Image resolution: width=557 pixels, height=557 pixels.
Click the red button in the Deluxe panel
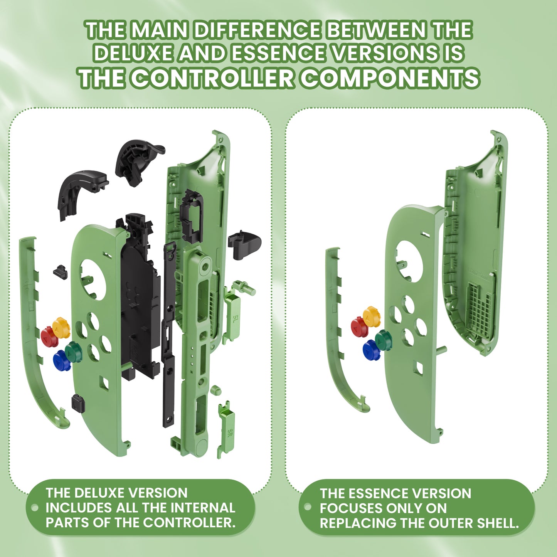(x=49, y=337)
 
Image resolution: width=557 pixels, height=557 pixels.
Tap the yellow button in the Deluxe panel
(x=61, y=327)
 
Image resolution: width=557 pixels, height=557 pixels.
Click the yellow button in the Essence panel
(x=372, y=316)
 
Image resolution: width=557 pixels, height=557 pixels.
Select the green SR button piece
(x=227, y=428)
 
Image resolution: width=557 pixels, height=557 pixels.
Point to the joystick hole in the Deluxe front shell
(x=93, y=279)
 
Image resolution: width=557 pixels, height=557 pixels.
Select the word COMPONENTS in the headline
(x=390, y=78)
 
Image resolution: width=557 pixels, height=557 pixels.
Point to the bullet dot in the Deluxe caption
(x=35, y=507)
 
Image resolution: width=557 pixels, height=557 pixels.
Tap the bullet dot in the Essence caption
(x=307, y=507)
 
